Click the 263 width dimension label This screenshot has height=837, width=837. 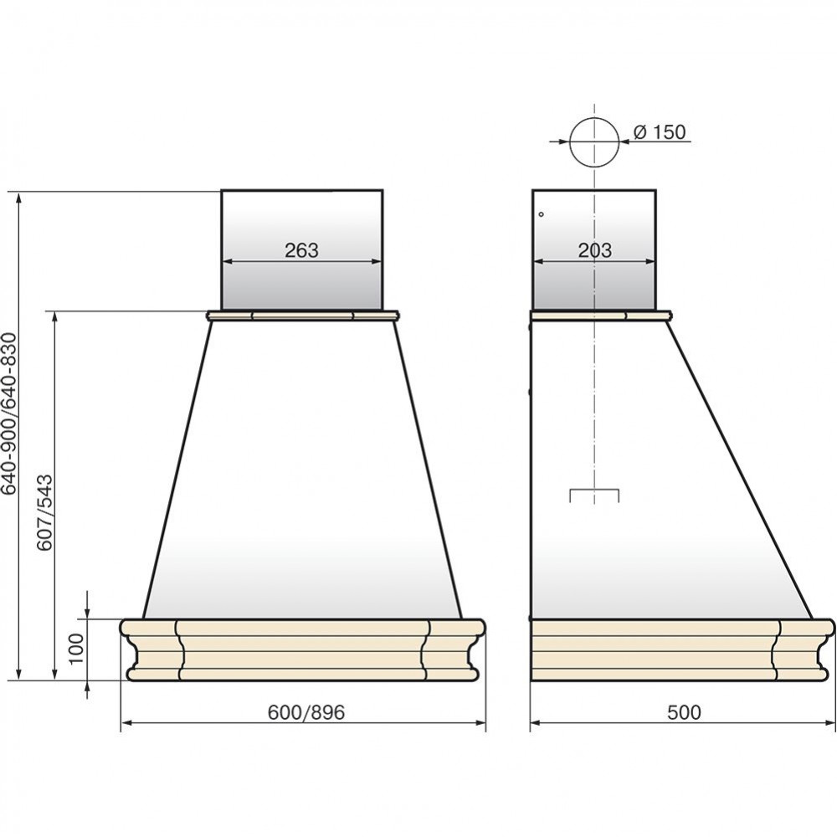301,249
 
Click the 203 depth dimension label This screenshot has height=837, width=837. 595,249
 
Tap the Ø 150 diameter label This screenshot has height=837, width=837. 660,131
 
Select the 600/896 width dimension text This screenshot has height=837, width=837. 306,711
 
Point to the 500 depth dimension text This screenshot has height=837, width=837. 684,711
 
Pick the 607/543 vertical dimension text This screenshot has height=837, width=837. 46,512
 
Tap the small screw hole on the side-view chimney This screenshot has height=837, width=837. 542,214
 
